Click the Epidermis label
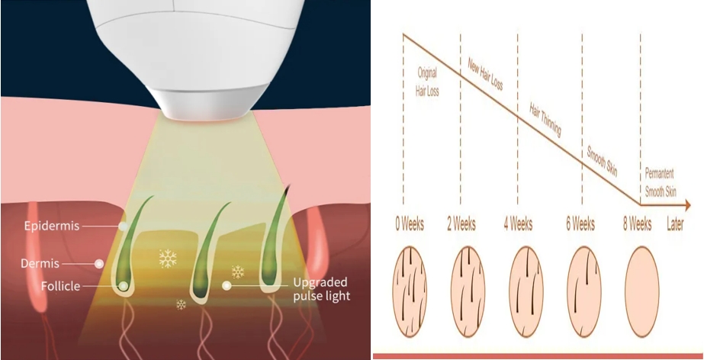pos(52,225)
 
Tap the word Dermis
pos(40,263)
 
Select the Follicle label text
pos(60,286)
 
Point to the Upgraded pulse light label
pos(321,289)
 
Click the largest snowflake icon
pos(168,259)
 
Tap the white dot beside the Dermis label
pos(99,263)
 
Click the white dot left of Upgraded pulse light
pos(227,285)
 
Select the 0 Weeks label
pos(410,224)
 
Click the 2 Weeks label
pos(461,224)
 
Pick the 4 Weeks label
pos(518,224)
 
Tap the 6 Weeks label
pos(580,224)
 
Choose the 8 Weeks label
pos(637,224)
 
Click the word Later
pos(675,224)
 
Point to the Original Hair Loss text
pos(427,82)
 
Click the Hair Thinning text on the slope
pos(545,120)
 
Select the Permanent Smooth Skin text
pos(661,183)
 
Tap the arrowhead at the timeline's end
pos(687,206)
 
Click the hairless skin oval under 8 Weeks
pos(642,292)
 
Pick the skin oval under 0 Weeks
pos(410,292)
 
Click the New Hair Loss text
pos(485,74)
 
